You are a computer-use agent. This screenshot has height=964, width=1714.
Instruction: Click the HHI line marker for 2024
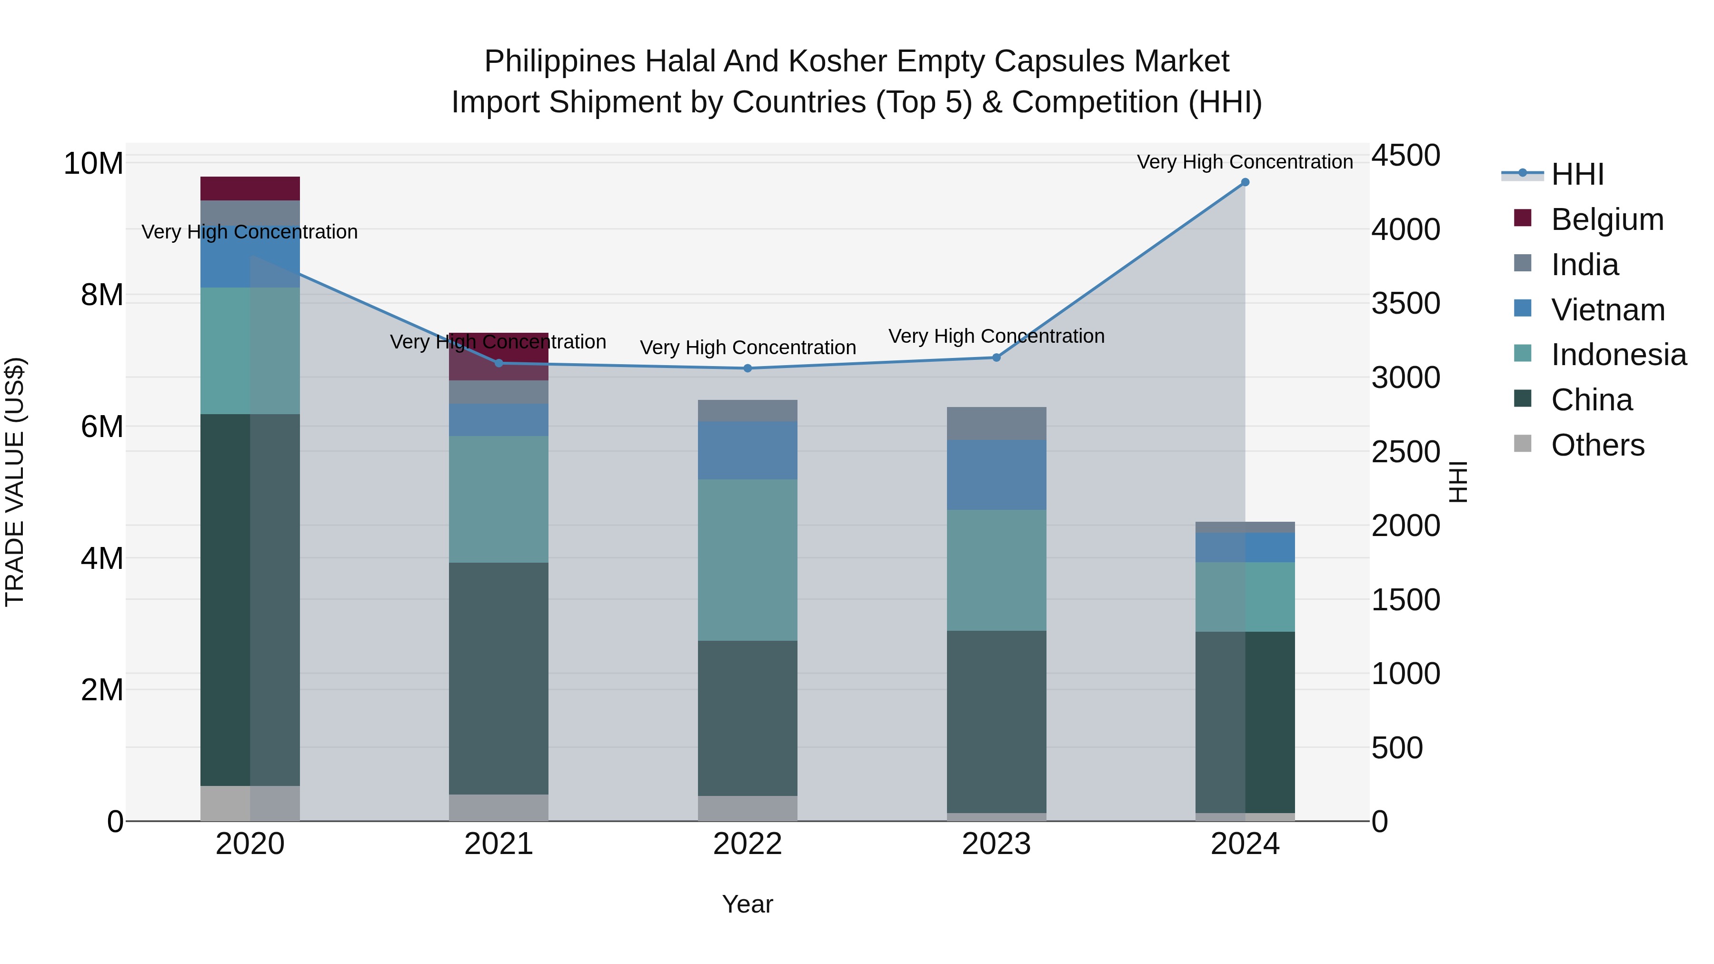1245,182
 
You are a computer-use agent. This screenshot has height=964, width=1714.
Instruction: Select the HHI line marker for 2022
747,368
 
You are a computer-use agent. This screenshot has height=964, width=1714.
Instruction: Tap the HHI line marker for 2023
996,358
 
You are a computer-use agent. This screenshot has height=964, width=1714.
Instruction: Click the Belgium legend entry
1607,219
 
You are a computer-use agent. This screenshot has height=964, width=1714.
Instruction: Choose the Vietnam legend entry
1607,310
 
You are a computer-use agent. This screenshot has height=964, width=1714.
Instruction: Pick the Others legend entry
1597,445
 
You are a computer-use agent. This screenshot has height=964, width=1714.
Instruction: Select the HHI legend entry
1577,174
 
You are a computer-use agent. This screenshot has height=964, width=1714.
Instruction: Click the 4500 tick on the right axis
1405,156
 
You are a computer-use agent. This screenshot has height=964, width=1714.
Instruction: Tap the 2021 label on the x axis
498,844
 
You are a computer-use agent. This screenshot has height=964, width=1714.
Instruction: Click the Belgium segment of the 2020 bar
249,188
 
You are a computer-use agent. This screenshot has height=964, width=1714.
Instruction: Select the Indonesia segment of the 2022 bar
747,560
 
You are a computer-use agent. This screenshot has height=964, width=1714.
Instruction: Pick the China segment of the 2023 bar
996,722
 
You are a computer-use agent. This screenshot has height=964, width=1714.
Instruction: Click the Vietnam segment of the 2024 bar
1245,547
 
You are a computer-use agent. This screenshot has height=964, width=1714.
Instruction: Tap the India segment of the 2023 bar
996,423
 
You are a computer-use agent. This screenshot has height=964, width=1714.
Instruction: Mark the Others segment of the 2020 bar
249,804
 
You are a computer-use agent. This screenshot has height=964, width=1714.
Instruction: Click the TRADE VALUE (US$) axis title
15,482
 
